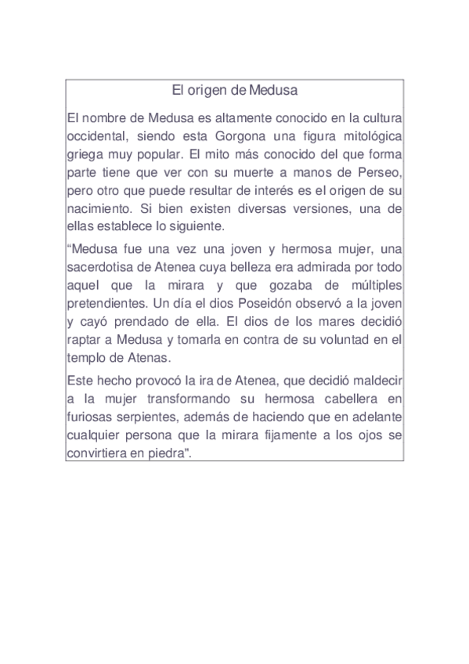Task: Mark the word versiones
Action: pos(302,209)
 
